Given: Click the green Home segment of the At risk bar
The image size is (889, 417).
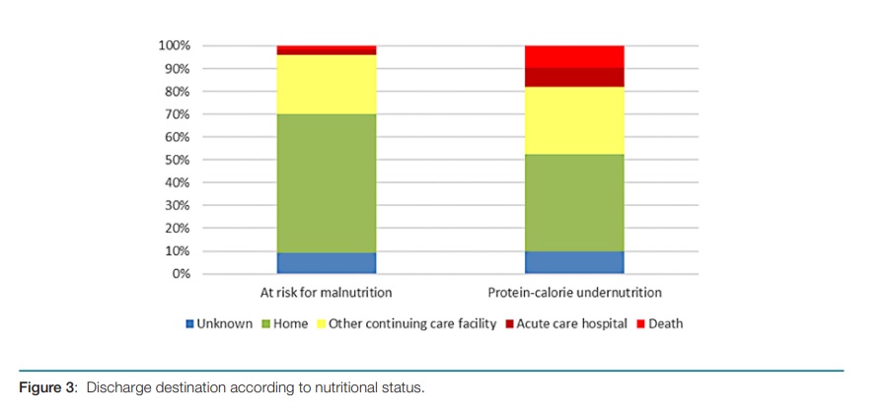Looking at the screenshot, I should pyautogui.click(x=326, y=182).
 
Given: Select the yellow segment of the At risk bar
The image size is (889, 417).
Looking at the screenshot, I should pyautogui.click(x=326, y=84).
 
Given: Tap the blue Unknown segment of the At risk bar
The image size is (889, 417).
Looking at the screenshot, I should pyautogui.click(x=326, y=262).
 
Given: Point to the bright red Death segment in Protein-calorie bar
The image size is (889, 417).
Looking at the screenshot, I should pyautogui.click(x=573, y=56).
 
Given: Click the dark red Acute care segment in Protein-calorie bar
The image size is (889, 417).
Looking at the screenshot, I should pyautogui.click(x=573, y=78).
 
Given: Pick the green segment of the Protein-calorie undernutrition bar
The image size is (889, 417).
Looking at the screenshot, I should pyautogui.click(x=573, y=202).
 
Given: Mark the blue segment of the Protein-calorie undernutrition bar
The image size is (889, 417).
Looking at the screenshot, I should pyautogui.click(x=573, y=262).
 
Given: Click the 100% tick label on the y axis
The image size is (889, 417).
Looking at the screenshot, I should pyautogui.click(x=174, y=46).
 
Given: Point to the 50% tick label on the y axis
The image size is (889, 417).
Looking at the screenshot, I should pyautogui.click(x=177, y=160).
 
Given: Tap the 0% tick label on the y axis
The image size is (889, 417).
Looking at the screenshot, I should pyautogui.click(x=180, y=273).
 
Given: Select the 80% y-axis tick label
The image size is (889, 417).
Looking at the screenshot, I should pyautogui.click(x=177, y=92).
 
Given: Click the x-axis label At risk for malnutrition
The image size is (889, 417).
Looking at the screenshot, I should pyautogui.click(x=326, y=293).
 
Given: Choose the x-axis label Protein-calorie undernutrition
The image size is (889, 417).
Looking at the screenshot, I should pyautogui.click(x=574, y=293).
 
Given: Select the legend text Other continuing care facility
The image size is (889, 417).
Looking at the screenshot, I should pyautogui.click(x=411, y=323).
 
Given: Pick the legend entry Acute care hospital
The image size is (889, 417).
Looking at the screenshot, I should pyautogui.click(x=571, y=323).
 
